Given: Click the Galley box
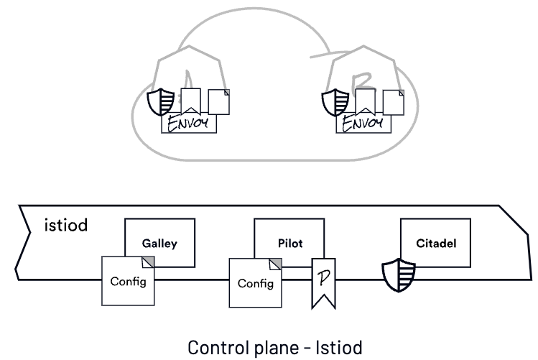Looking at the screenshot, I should point(159,243).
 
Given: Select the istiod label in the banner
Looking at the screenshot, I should point(66,226).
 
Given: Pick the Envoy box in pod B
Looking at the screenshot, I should point(365,124).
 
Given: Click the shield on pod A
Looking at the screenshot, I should point(160,102).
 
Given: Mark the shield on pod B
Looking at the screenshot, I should point(335,102).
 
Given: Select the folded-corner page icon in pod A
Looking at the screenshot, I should point(218,101).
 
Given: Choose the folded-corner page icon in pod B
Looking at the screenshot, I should point(393,101).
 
